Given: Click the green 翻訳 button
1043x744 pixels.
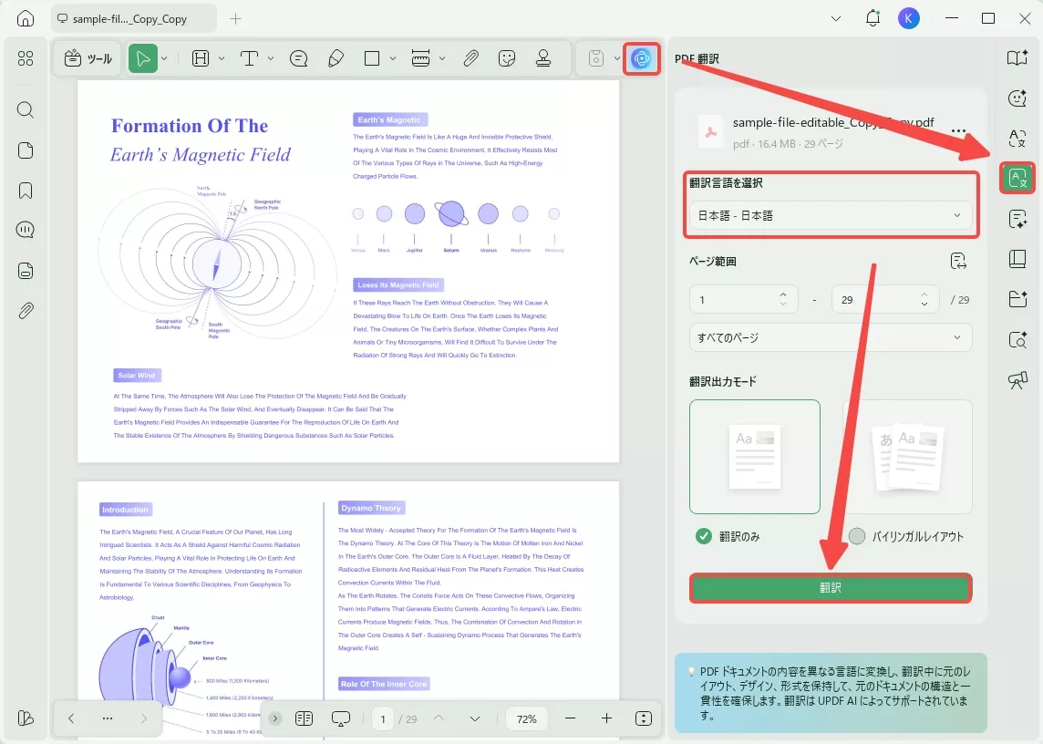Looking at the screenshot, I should coord(831,588).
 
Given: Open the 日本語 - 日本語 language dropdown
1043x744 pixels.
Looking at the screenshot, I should coord(831,216).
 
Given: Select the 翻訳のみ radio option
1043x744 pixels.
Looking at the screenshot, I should coord(704,536).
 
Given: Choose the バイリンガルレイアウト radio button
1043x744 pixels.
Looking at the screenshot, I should coord(856,536).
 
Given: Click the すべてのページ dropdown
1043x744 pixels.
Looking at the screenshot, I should coord(831,337).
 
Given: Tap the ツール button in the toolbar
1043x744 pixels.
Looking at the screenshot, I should coord(88,58).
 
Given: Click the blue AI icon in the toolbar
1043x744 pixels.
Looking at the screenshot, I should coord(641,58).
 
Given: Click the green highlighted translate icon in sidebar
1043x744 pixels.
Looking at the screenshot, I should coord(1017,178).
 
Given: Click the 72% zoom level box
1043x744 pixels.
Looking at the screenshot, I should coord(526,718).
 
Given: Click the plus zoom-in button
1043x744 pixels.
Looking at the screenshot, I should coord(606,718).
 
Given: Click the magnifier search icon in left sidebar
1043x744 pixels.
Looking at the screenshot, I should coord(26,110).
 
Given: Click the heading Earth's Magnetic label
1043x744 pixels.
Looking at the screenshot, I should coord(389,119).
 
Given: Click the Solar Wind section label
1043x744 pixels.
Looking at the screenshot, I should coord(137,375).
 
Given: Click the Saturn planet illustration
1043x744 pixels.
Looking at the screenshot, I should coord(451,214).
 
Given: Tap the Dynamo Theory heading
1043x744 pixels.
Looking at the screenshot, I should coord(370,508).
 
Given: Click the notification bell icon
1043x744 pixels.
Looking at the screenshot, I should coord(873,18).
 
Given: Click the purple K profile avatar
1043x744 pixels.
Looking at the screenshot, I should coord(908,18).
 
